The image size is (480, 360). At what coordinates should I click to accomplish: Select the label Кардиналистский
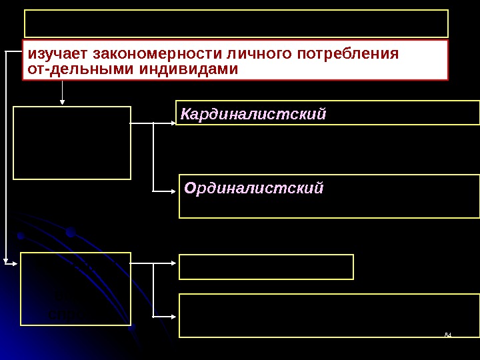click(x=253, y=115)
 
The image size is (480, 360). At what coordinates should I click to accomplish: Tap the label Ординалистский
click(x=253, y=189)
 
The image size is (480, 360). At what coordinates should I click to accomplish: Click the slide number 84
click(x=448, y=333)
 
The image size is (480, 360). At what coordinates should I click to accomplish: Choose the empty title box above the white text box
click(x=236, y=23)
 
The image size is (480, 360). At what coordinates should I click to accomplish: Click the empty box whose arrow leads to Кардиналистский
click(x=72, y=143)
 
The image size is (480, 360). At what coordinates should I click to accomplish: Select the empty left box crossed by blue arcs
click(x=75, y=289)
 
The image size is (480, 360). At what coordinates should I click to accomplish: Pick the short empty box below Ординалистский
click(x=266, y=267)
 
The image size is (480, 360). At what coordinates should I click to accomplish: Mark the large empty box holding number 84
click(x=329, y=315)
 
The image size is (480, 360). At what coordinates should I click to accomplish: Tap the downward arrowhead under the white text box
click(x=63, y=102)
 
